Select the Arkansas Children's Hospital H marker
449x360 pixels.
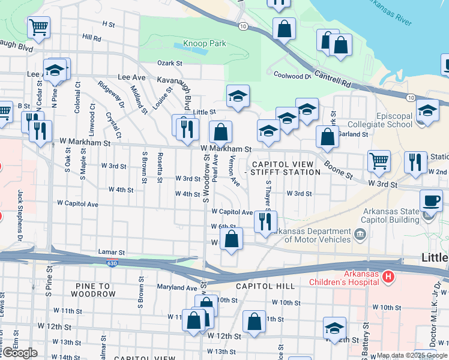pos(388,277)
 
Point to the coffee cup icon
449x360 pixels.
pos(430,200)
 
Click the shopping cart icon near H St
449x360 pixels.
pos(38,26)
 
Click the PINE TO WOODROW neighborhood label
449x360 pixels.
pos(92,290)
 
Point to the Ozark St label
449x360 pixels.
pos(170,63)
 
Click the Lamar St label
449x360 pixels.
pos(112,253)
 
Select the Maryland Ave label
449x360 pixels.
pos(178,288)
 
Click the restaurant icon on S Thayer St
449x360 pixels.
pos(265,221)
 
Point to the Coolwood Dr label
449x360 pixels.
pos(292,76)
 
